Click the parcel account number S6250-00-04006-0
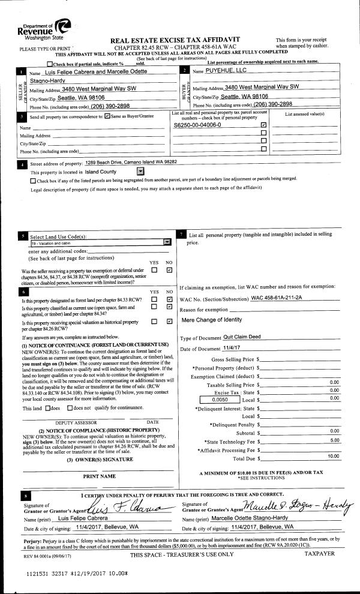coord(197,125)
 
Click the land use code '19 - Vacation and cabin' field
coord(96,243)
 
